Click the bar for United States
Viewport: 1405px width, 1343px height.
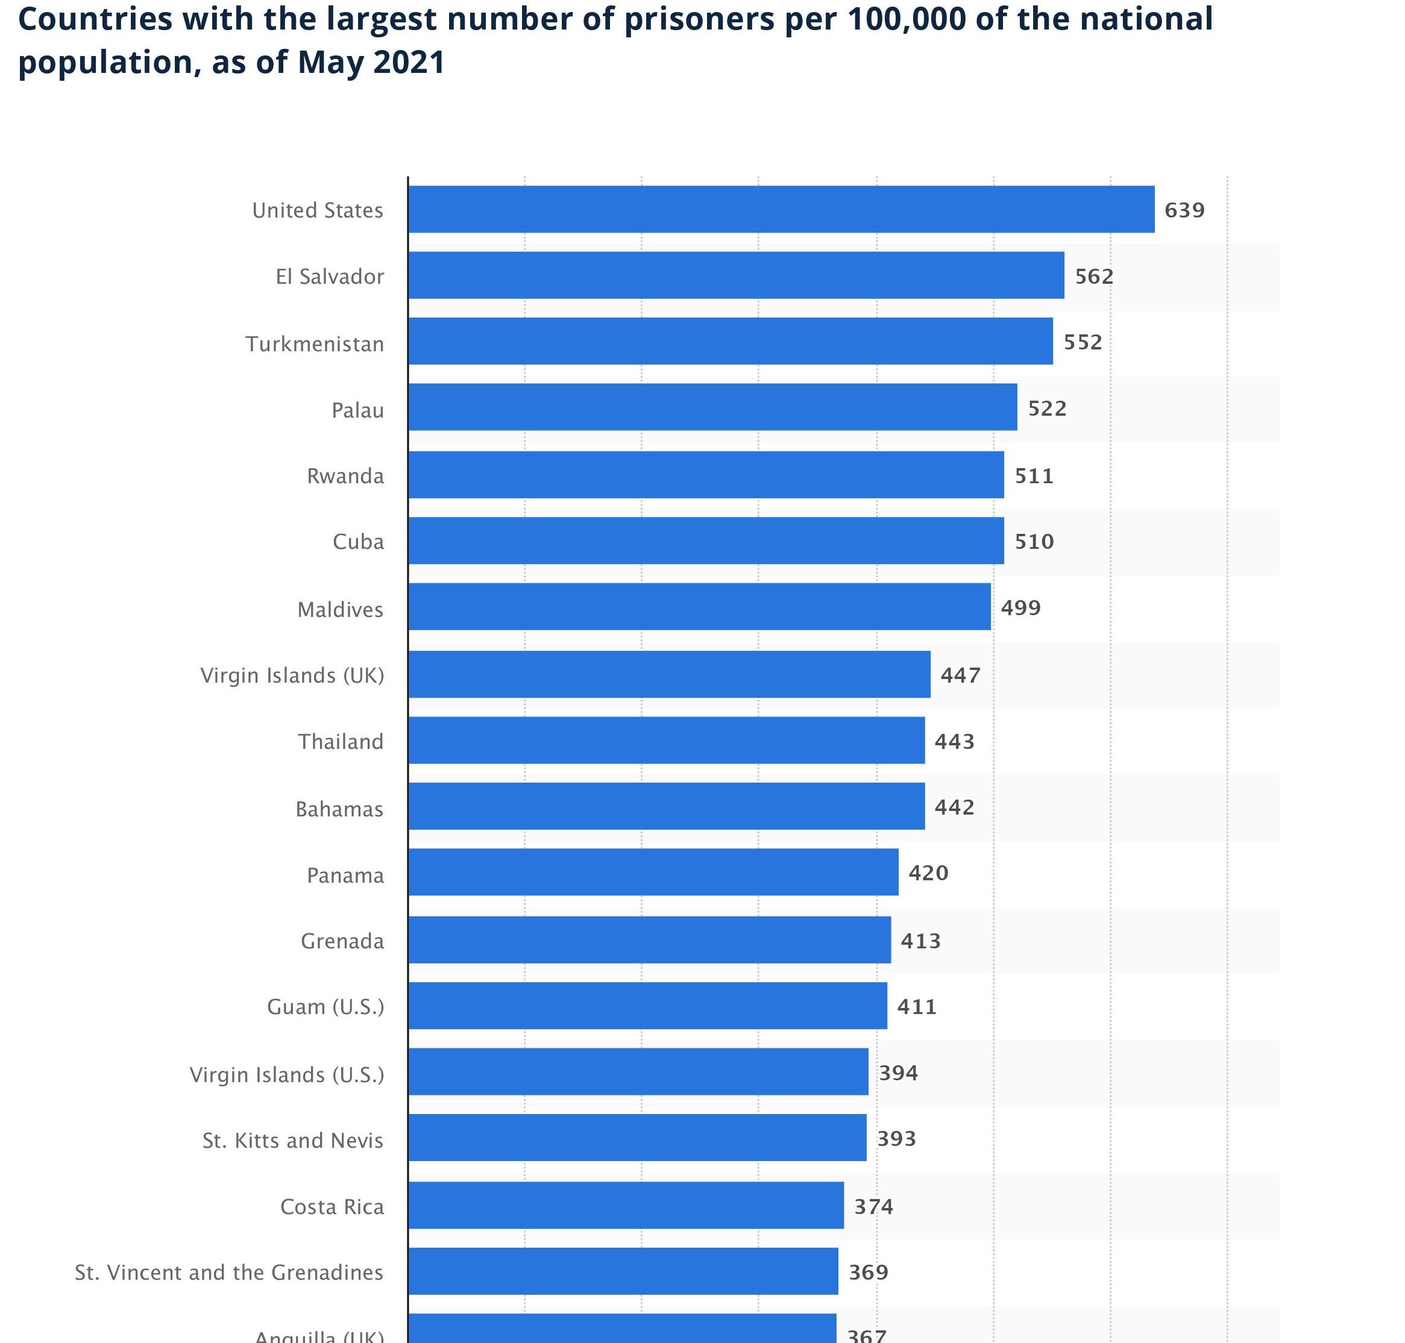781,209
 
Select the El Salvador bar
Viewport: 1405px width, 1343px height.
735,275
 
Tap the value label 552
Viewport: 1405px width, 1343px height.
1082,342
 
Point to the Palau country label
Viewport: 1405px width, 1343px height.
357,410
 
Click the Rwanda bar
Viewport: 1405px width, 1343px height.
705,475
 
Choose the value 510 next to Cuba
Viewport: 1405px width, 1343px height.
1033,541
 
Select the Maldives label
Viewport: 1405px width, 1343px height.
340,609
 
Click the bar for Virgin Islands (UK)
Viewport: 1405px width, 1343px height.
669,674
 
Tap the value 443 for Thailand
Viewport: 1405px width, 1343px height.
954,741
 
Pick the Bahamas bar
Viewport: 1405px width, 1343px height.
666,806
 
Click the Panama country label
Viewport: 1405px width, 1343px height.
345,875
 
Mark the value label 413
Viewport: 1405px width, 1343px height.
920,941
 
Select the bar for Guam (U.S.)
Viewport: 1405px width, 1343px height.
647,1006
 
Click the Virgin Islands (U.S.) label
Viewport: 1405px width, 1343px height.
286,1074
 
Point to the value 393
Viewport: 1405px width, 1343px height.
896,1138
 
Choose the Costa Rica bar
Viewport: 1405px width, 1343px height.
626,1206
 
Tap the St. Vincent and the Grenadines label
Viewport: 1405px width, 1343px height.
229,1272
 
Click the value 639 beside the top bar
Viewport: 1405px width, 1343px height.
1184,210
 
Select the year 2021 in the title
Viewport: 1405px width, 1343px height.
409,62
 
